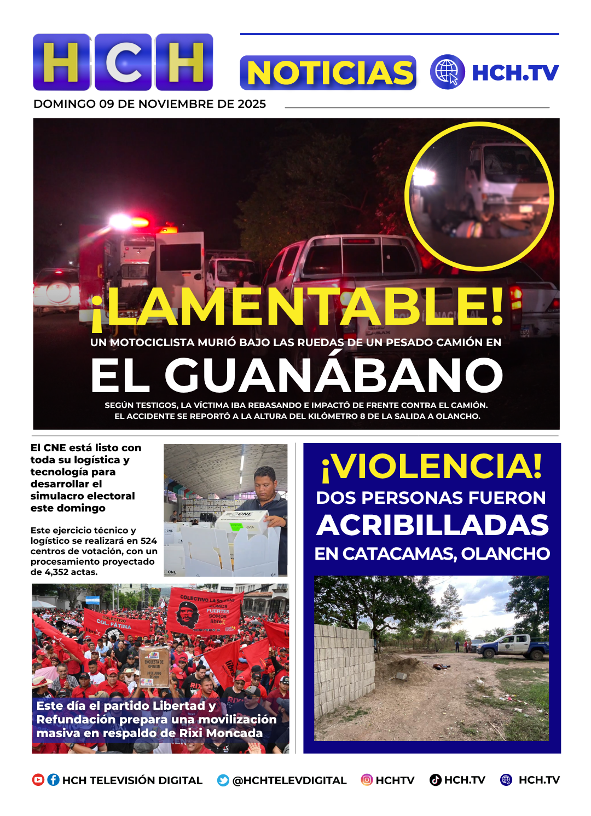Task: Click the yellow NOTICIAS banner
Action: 328,73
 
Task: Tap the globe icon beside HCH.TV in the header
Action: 447,72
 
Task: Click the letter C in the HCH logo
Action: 123,62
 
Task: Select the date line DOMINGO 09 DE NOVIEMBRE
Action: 149,104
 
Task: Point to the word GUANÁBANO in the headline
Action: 334,376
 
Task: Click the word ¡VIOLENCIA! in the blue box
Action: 432,467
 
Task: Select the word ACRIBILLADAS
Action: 432,525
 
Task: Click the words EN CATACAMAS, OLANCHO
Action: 432,554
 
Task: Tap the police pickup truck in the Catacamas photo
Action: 512,646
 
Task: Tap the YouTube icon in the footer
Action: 38,780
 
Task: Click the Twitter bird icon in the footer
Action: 223,780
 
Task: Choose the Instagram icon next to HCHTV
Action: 367,780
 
